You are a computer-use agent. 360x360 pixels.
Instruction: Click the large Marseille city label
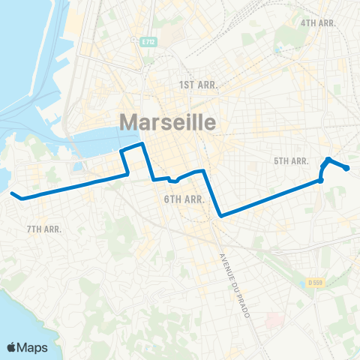tap(167, 122)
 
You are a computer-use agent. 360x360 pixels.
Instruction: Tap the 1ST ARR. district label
tap(198, 85)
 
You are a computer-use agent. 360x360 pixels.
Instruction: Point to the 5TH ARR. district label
tap(292, 161)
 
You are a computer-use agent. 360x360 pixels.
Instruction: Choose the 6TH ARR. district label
tap(184, 199)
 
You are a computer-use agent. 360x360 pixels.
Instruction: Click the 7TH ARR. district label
tap(43, 229)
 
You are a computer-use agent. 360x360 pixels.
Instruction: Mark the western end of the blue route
tap(12, 194)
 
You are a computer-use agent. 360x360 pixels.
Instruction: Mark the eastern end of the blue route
tap(346, 168)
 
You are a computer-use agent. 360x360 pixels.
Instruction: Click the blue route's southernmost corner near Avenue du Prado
tap(220, 216)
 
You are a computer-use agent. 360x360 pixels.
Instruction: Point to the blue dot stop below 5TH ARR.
tap(320, 181)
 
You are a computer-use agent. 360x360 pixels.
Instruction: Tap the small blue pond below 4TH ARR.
tap(280, 50)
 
